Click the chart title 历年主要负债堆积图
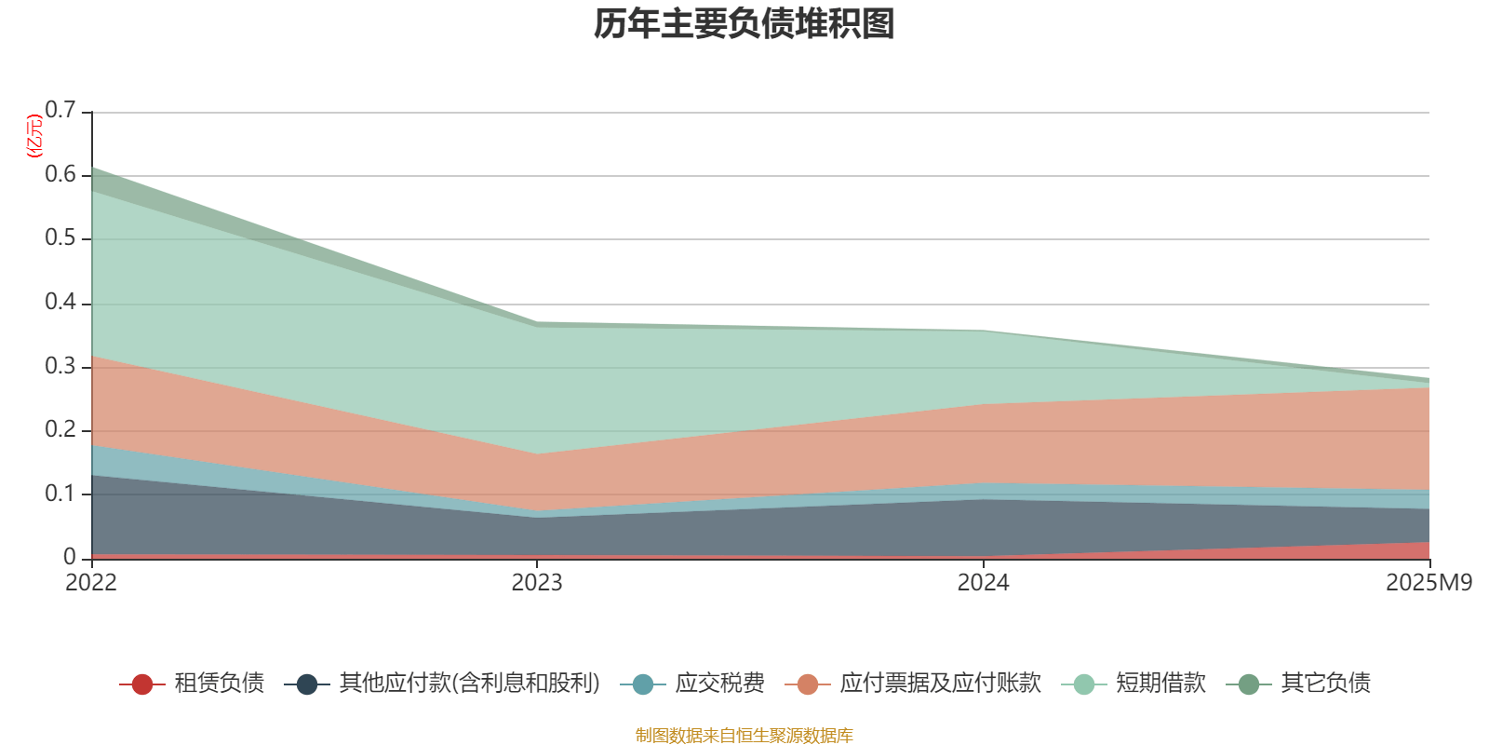744,24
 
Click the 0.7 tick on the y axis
60,111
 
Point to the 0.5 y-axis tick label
60,238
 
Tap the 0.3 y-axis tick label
60,367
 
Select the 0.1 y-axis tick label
60,494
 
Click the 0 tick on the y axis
70,558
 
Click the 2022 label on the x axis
91,583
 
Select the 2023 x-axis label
537,583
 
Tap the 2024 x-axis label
983,583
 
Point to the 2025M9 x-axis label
1429,583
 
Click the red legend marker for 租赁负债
141,684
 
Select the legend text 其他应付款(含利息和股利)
469,684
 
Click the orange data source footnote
744,736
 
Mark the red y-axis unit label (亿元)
33,136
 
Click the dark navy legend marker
307,684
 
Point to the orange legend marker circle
808,684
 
